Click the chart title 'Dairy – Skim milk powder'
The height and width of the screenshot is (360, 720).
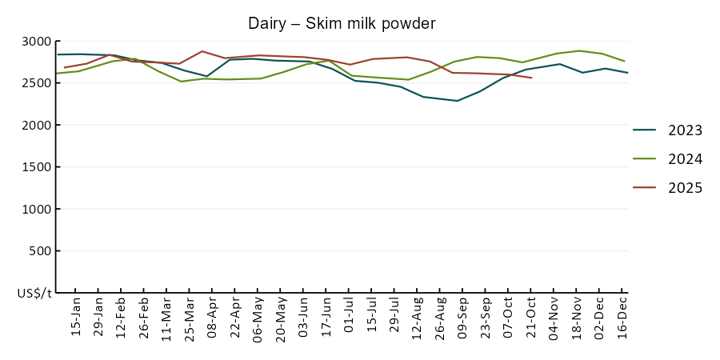click(x=342, y=23)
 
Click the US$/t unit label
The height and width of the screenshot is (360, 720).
click(x=34, y=293)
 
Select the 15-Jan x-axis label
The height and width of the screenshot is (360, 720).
click(x=76, y=318)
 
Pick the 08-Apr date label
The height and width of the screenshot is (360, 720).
click(x=211, y=318)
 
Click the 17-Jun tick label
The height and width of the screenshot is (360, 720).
click(x=326, y=318)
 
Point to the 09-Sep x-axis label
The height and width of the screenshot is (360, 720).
click(x=462, y=318)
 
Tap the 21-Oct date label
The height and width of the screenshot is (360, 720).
click(x=530, y=318)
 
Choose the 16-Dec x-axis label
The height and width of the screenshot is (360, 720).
click(x=622, y=318)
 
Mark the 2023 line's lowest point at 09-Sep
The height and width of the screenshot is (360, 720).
click(x=457, y=101)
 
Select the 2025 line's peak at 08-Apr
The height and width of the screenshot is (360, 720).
click(x=202, y=51)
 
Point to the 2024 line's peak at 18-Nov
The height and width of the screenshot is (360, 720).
click(x=579, y=50)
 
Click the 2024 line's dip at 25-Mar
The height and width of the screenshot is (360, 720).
click(x=180, y=82)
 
